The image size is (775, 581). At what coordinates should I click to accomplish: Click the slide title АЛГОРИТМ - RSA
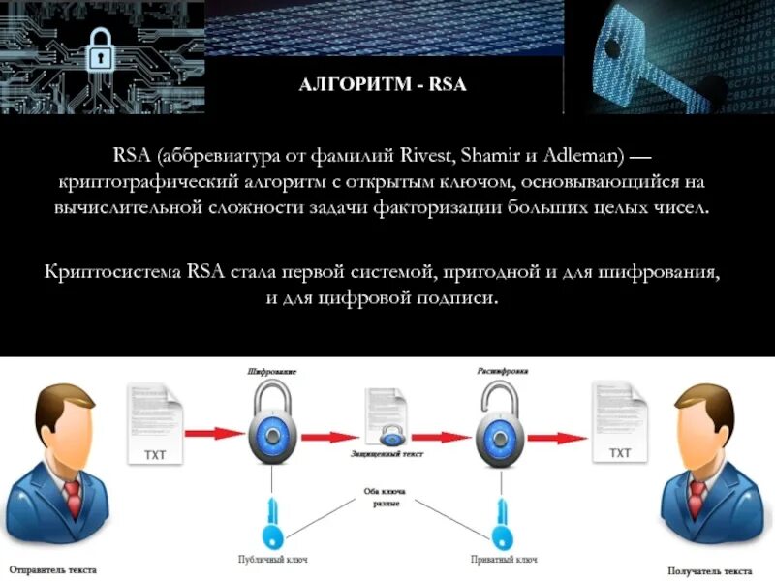point(383,84)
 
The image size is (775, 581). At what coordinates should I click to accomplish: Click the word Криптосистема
point(100,271)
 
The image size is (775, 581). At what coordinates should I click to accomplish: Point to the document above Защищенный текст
point(385,415)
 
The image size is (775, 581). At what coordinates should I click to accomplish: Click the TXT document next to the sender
point(156,424)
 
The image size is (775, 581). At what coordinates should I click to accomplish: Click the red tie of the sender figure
point(73,496)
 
